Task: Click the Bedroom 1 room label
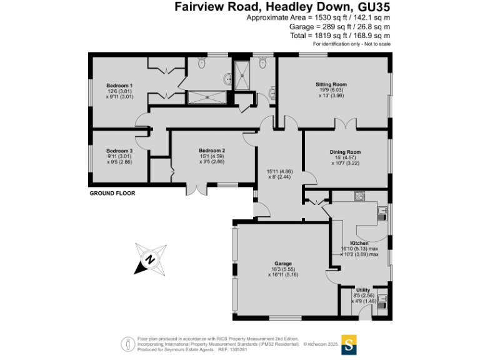[x=119, y=85]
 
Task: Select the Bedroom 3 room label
[x=119, y=151]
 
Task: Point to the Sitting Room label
[x=331, y=84]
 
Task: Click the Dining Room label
[x=346, y=152]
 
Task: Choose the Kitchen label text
[x=359, y=242]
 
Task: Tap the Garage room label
[x=283, y=264]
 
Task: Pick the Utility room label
[x=363, y=290]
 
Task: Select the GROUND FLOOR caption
[x=112, y=194]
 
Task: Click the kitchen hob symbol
[x=360, y=196]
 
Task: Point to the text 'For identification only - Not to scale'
[x=351, y=44]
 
